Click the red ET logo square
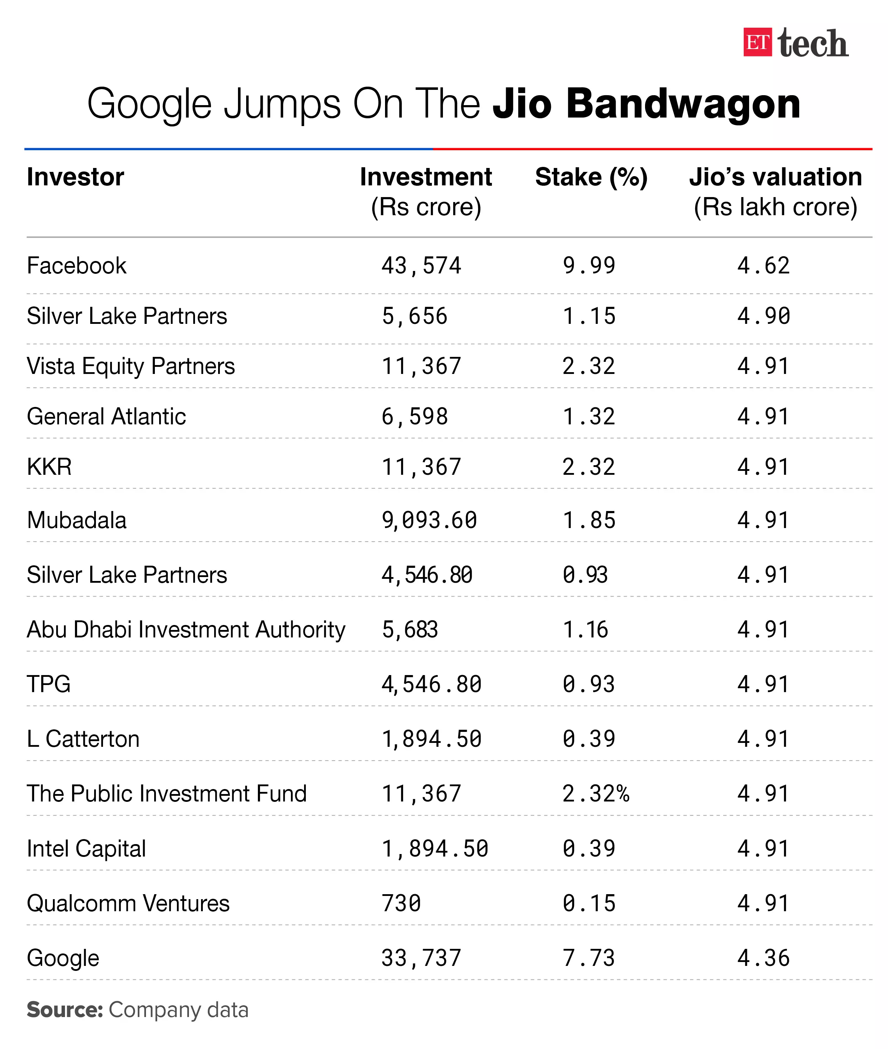click(x=757, y=42)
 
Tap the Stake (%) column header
click(x=591, y=177)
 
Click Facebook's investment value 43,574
click(x=421, y=266)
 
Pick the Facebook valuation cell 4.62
click(x=763, y=266)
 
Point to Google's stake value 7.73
click(x=589, y=958)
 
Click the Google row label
click(x=63, y=958)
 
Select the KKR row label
click(x=49, y=467)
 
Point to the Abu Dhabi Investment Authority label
click(x=186, y=630)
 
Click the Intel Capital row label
click(x=86, y=849)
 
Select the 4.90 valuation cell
click(x=763, y=316)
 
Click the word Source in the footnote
click(x=64, y=1010)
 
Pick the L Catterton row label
click(x=83, y=739)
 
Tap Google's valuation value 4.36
click(x=763, y=958)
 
